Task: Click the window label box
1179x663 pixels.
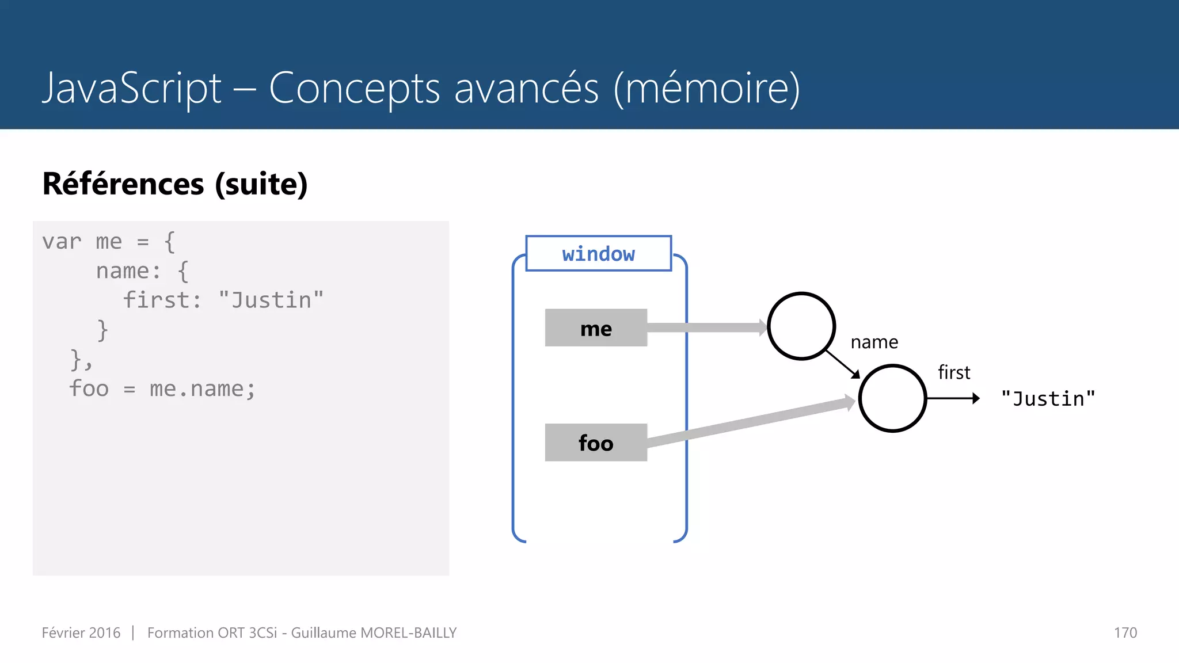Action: click(x=598, y=253)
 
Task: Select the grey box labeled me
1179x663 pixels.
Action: click(x=596, y=328)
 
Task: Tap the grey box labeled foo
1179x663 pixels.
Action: click(x=596, y=443)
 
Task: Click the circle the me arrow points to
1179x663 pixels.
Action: click(x=801, y=326)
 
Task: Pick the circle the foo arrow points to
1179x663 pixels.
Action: click(x=892, y=398)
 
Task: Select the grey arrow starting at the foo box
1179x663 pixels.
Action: click(x=748, y=422)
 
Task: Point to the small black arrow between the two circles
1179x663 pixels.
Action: click(x=843, y=364)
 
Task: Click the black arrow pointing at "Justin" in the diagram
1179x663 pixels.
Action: click(x=953, y=398)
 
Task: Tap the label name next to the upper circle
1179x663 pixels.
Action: click(x=874, y=342)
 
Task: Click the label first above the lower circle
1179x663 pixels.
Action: click(x=954, y=372)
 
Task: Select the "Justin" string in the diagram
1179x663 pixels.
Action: click(x=1048, y=399)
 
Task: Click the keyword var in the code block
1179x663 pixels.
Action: click(x=62, y=242)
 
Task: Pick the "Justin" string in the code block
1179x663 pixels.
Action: click(x=271, y=300)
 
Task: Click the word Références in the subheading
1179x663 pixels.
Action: click(x=123, y=184)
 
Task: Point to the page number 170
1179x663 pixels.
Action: click(x=1125, y=632)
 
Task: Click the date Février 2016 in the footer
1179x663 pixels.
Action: click(x=81, y=632)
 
